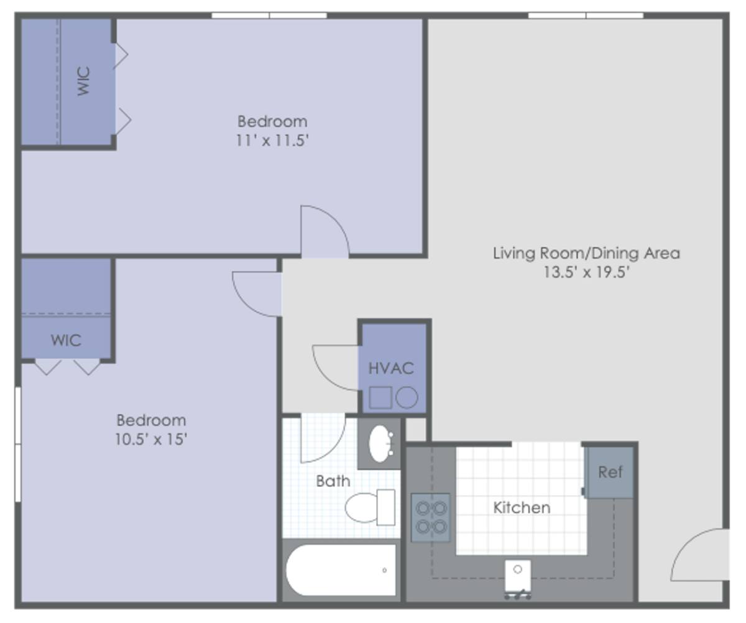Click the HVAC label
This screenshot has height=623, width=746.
tap(391, 368)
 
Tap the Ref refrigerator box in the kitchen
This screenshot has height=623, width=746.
tap(610, 472)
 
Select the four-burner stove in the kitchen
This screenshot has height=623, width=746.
tap(431, 517)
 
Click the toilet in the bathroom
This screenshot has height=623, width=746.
tap(370, 507)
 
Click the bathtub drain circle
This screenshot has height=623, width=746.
tap(384, 570)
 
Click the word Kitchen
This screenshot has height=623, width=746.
tap(522, 507)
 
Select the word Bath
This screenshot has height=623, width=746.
tap(333, 481)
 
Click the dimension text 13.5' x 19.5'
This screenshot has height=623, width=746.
tap(586, 272)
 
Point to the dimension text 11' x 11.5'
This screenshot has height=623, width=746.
tap(272, 141)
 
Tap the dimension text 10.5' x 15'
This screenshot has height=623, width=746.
tap(151, 439)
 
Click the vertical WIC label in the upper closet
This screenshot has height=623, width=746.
tap(84, 81)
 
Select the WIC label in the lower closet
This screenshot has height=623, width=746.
tap(66, 340)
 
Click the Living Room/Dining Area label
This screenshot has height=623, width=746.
tap(586, 253)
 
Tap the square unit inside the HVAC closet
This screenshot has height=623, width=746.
tap(380, 397)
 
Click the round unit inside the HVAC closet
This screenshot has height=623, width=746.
tap(407, 397)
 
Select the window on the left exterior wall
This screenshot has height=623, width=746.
tap(18, 445)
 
